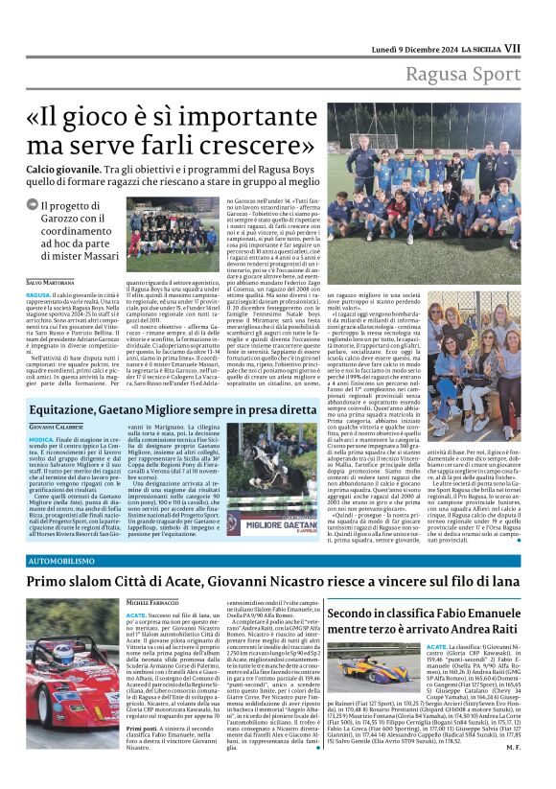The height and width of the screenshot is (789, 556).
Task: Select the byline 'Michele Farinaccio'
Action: (x=154, y=601)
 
